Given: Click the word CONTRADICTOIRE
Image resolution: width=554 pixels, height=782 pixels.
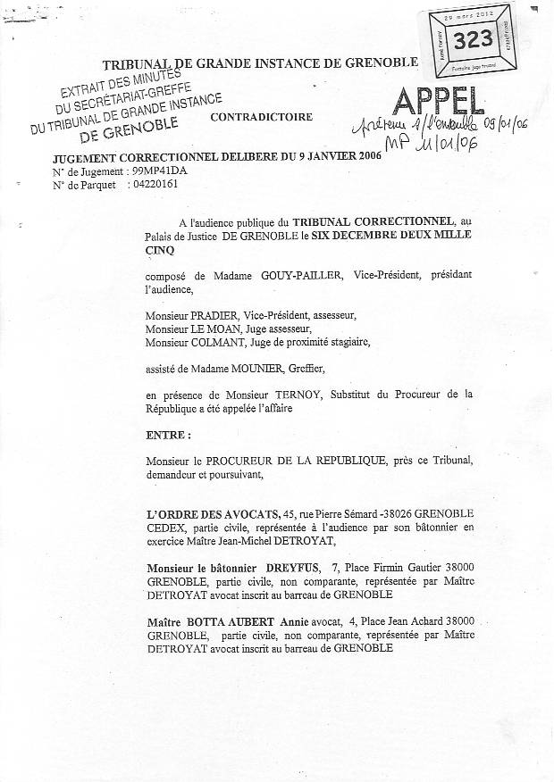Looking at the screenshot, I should pos(262,117).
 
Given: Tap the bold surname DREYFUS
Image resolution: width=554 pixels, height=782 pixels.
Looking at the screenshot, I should pos(290,567).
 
